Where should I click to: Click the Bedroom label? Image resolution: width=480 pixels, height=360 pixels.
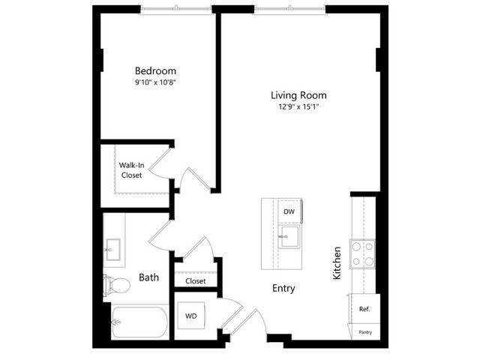pyautogui.click(x=155, y=71)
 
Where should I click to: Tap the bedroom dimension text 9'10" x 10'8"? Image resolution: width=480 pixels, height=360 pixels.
pyautogui.click(x=155, y=82)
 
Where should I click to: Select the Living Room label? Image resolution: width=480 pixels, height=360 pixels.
pyautogui.click(x=298, y=95)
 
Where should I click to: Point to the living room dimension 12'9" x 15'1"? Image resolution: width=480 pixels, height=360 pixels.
pyautogui.click(x=298, y=106)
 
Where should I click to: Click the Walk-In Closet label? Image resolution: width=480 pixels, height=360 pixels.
pyautogui.click(x=132, y=170)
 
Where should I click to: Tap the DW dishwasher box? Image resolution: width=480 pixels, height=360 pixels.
pyautogui.click(x=289, y=211)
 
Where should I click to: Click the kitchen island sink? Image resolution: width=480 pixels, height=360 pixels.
pyautogui.click(x=289, y=237)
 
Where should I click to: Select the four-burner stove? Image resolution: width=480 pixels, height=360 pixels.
pyautogui.click(x=363, y=254)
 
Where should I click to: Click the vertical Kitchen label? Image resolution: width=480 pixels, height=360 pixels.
pyautogui.click(x=337, y=263)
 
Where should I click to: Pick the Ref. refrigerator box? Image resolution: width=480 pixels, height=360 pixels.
pyautogui.click(x=364, y=309)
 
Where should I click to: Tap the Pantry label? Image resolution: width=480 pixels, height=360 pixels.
pyautogui.click(x=365, y=332)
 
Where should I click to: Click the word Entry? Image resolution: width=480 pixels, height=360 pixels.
pyautogui.click(x=283, y=288)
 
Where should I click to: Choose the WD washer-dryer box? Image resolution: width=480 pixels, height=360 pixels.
pyautogui.click(x=191, y=316)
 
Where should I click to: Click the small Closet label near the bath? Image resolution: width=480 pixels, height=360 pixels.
pyautogui.click(x=195, y=281)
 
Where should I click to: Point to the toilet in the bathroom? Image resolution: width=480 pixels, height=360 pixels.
pyautogui.click(x=117, y=285)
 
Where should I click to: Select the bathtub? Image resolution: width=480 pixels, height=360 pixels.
pyautogui.click(x=139, y=322)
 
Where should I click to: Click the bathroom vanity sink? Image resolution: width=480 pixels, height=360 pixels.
pyautogui.click(x=112, y=250)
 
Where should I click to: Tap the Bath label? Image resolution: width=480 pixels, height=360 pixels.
pyautogui.click(x=148, y=277)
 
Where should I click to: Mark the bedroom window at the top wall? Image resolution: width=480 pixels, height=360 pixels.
pyautogui.click(x=176, y=10)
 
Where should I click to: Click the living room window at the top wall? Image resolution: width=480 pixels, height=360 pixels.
pyautogui.click(x=290, y=10)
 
